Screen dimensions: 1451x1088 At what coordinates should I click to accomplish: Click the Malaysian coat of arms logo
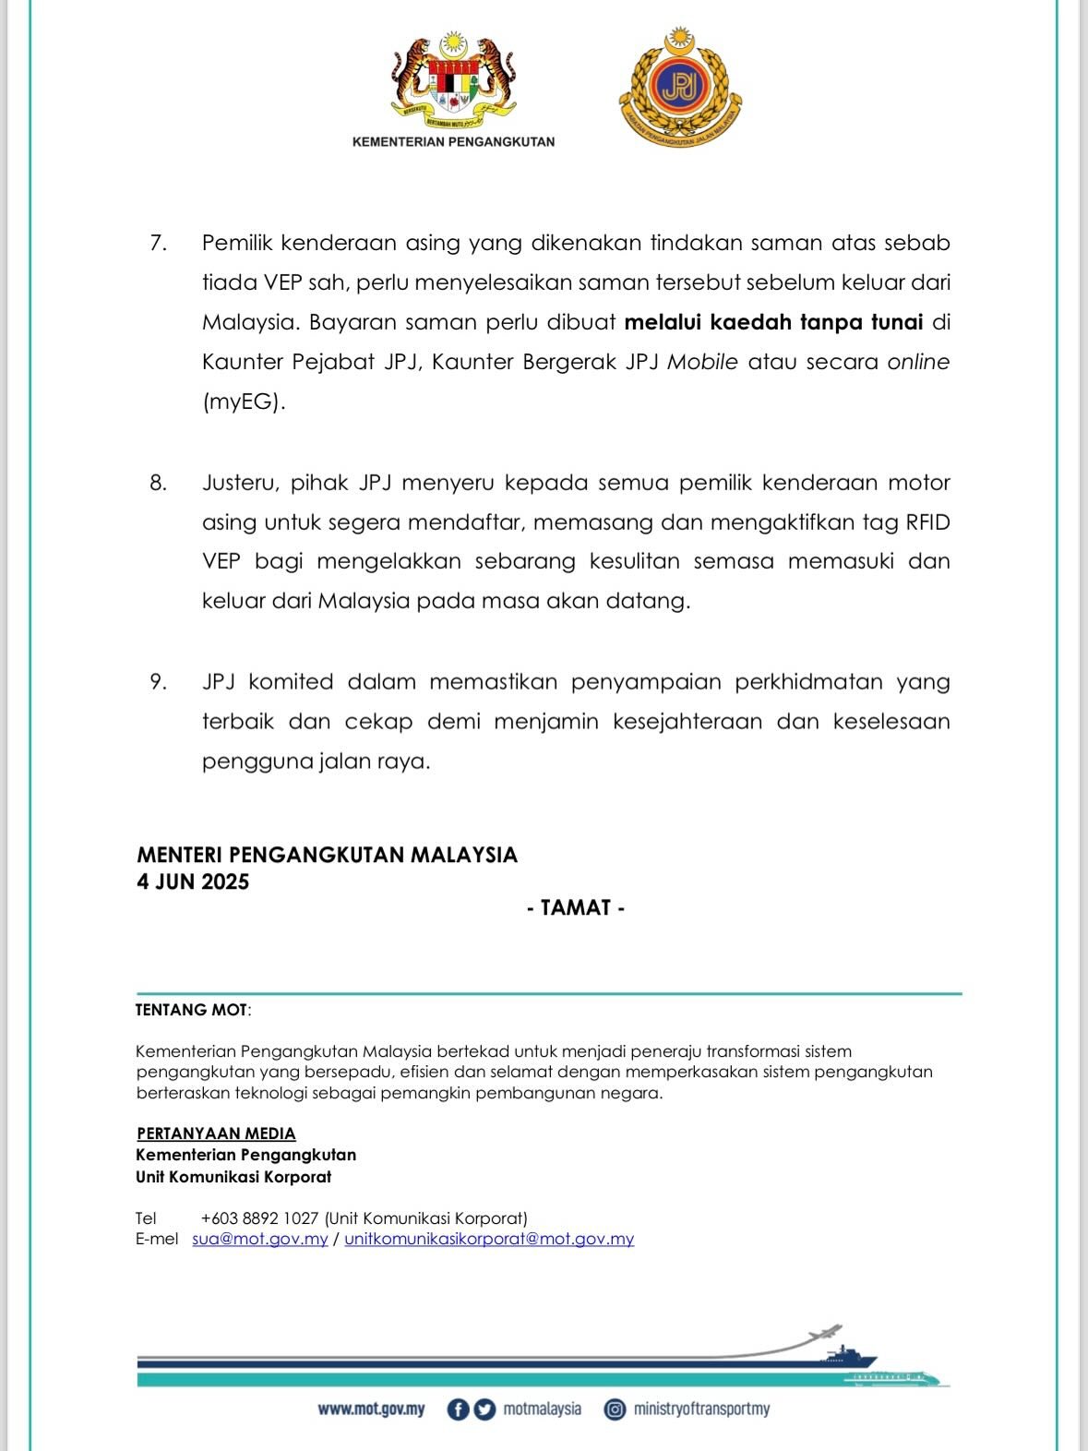pyautogui.click(x=453, y=81)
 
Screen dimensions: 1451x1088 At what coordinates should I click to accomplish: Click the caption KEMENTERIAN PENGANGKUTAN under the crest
pyautogui.click(x=453, y=142)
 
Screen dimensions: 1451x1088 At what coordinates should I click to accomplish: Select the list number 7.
pyautogui.click(x=158, y=243)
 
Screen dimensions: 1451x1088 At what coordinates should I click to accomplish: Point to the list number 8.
pyautogui.click(x=158, y=483)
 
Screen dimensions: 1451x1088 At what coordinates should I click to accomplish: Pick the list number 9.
pyautogui.click(x=158, y=682)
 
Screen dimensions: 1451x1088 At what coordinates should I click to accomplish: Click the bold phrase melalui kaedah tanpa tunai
pyautogui.click(x=773, y=322)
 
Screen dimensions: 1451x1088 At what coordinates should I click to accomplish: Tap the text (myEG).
pyautogui.click(x=244, y=402)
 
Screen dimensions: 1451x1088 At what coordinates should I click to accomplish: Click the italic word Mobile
pyautogui.click(x=702, y=362)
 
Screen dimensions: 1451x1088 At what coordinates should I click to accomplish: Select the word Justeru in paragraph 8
pyautogui.click(x=238, y=483)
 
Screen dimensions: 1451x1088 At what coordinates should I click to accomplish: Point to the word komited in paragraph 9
pyautogui.click(x=291, y=682)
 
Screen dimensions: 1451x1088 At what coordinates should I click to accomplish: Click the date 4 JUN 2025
pyautogui.click(x=193, y=881)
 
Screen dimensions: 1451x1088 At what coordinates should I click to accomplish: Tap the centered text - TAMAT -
pyautogui.click(x=576, y=907)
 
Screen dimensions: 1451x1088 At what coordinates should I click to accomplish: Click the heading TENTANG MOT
pyautogui.click(x=192, y=1010)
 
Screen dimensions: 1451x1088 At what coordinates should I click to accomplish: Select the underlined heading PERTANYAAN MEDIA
pyautogui.click(x=216, y=1133)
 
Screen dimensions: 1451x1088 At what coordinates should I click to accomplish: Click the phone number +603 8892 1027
pyautogui.click(x=259, y=1218)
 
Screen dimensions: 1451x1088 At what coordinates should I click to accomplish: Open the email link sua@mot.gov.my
pyautogui.click(x=260, y=1239)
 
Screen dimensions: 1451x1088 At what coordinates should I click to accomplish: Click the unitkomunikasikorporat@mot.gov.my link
pyautogui.click(x=489, y=1239)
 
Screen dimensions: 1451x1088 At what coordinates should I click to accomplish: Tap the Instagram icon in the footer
pyautogui.click(x=615, y=1409)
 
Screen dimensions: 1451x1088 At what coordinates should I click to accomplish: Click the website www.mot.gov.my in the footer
pyautogui.click(x=371, y=1409)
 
